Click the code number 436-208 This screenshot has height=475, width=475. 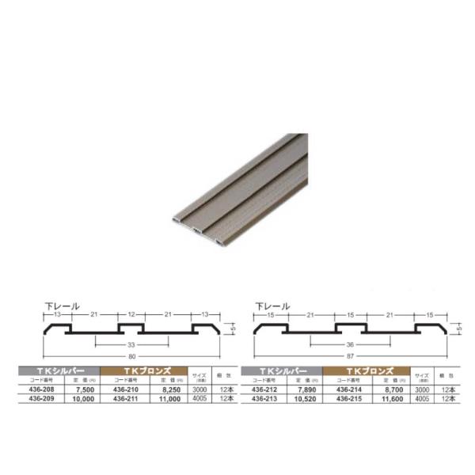tap(44, 389)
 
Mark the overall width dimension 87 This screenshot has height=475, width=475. tap(349, 358)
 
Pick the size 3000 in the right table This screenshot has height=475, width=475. tap(420, 389)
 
